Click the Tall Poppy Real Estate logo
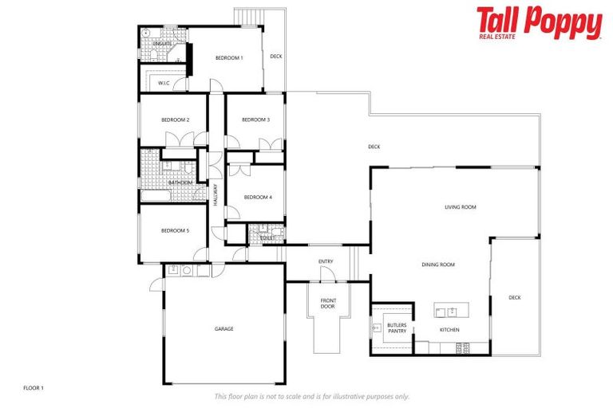pyautogui.click(x=539, y=23)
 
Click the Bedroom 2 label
pyautogui.click(x=175, y=120)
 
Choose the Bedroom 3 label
pyautogui.click(x=255, y=120)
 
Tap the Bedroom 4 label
pyautogui.click(x=257, y=197)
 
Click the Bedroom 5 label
pyautogui.click(x=175, y=230)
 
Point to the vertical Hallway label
pyautogui.click(x=216, y=196)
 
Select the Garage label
pyautogui.click(x=223, y=328)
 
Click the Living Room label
pyautogui.click(x=460, y=207)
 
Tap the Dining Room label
pyautogui.click(x=438, y=265)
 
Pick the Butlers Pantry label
pyautogui.click(x=397, y=328)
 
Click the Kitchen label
pyautogui.click(x=449, y=329)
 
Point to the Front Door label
pyautogui.click(x=327, y=303)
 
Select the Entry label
pyautogui.click(x=326, y=261)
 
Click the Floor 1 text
pyautogui.click(x=34, y=387)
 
